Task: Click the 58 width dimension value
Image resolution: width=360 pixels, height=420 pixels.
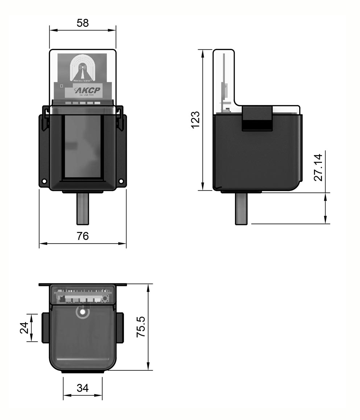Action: coord(83,23)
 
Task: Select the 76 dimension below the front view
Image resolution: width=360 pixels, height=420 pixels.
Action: coord(83,236)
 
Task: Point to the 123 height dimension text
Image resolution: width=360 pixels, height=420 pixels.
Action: coord(195,120)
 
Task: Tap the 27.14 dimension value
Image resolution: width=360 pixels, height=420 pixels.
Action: coord(319,167)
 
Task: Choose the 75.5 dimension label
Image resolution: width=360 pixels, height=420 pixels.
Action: coord(141,327)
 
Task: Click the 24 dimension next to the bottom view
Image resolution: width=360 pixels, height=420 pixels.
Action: coord(24,328)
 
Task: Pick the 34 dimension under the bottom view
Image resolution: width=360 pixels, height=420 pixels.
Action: coord(83,388)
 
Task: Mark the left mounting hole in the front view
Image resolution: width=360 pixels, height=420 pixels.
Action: coord(44,181)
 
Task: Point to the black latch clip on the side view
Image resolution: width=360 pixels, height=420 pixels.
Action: coord(257,119)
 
